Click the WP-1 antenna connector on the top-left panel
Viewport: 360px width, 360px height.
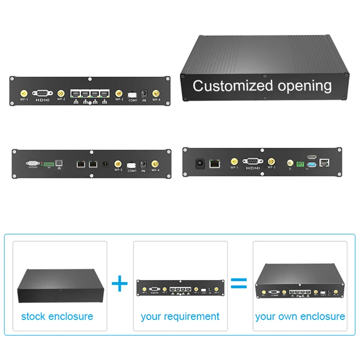(x=23, y=92)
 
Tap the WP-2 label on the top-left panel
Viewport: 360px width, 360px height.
(x=61, y=99)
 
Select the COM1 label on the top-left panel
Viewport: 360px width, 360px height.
(x=133, y=100)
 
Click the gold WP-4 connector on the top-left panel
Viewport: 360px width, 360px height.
(x=156, y=93)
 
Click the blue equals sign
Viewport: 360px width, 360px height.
(x=239, y=283)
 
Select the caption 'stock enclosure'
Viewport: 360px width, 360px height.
(x=57, y=316)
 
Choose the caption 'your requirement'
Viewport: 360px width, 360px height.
(x=180, y=316)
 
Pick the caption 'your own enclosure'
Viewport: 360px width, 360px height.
(x=300, y=316)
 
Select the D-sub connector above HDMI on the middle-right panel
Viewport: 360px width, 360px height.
(x=252, y=162)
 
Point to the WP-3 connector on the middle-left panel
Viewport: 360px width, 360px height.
(x=118, y=164)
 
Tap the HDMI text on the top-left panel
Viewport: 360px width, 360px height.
(x=42, y=99)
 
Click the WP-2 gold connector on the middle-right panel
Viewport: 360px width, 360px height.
(x=271, y=161)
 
